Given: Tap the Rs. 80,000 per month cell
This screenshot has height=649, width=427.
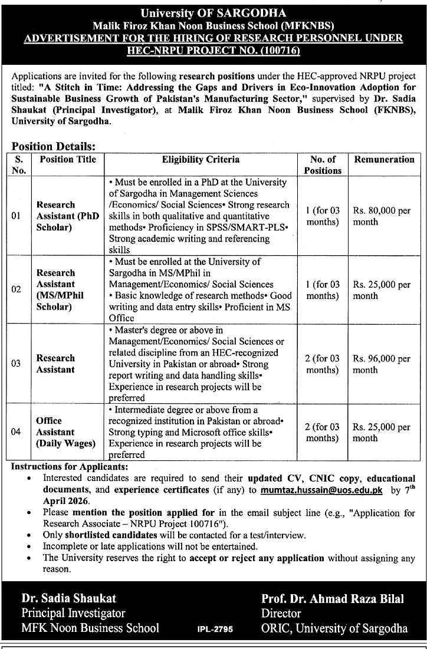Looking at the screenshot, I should coord(382,216).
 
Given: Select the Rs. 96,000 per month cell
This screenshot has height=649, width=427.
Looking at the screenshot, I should coord(382,364).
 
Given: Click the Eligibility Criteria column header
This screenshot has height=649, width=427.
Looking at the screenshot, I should coord(201,160).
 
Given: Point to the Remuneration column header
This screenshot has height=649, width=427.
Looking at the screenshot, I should coord(384,160).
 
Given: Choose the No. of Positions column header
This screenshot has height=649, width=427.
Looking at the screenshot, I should coord(323,165).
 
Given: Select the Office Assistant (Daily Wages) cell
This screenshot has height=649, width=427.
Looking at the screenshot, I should coord(65,432).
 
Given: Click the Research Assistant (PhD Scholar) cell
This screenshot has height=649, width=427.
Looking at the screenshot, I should coord(68,216).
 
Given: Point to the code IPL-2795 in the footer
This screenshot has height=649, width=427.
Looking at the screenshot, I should coord(215,629).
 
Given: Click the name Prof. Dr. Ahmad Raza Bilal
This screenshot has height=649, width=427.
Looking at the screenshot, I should coord(333,599).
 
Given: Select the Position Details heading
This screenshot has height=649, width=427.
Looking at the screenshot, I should coord(54,147).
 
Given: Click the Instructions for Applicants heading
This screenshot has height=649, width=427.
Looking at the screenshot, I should coord(69,466).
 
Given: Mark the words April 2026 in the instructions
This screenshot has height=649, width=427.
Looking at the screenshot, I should coord(66,500).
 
